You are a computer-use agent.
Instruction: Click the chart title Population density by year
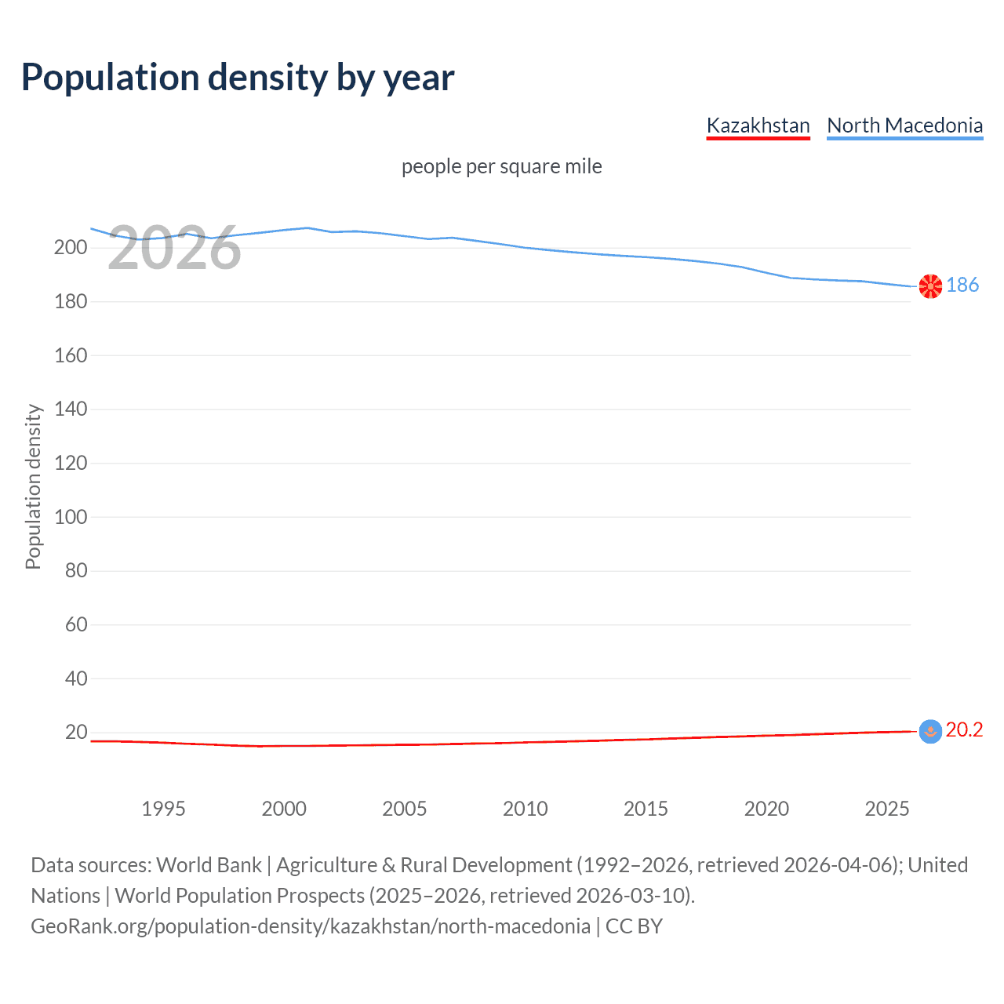(238, 78)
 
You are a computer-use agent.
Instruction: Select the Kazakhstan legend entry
(758, 125)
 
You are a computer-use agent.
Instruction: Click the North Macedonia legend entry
(904, 125)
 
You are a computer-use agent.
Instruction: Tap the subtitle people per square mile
(501, 166)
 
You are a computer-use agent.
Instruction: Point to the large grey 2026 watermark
(174, 249)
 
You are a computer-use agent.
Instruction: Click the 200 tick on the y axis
(71, 248)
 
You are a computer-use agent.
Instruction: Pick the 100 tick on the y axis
(71, 517)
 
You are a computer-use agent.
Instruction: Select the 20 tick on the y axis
(76, 732)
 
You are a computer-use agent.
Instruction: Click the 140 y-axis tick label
(71, 409)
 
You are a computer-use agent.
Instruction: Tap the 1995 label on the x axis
(163, 809)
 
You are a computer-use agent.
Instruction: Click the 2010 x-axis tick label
(525, 809)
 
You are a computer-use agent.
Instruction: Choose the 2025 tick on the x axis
(886, 809)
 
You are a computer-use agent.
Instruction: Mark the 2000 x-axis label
(284, 809)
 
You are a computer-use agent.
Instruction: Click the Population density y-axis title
(33, 486)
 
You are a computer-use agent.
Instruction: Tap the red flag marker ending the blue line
(930, 286)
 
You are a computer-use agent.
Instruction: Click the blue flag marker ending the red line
(930, 732)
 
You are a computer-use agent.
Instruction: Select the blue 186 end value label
(962, 285)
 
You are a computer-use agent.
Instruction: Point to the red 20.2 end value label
(964, 730)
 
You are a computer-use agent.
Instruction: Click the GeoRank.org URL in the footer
(311, 926)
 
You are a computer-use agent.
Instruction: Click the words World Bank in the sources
(209, 865)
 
